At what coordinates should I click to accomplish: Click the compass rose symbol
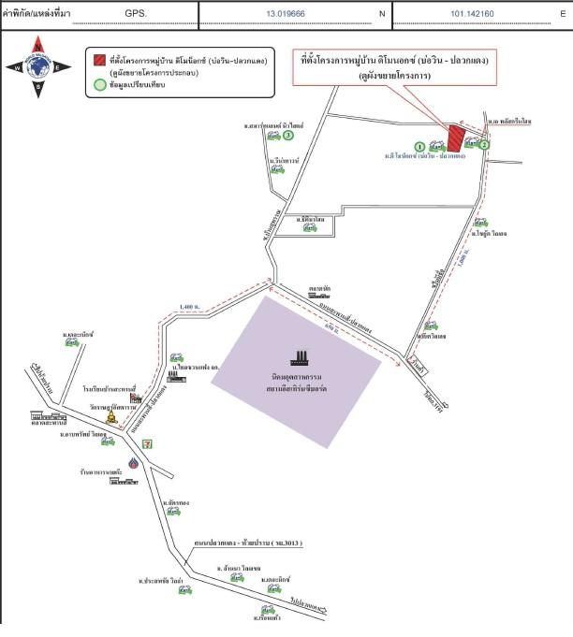37,65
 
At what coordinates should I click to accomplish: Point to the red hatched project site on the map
455,138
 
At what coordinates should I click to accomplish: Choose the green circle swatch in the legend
99,84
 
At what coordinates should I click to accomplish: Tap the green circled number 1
419,146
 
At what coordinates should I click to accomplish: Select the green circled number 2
484,145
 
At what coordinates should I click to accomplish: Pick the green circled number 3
288,135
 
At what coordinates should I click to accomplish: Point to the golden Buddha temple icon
113,417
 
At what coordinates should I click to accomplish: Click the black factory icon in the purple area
301,358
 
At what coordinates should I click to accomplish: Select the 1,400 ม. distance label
189,308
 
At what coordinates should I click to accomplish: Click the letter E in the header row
563,15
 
